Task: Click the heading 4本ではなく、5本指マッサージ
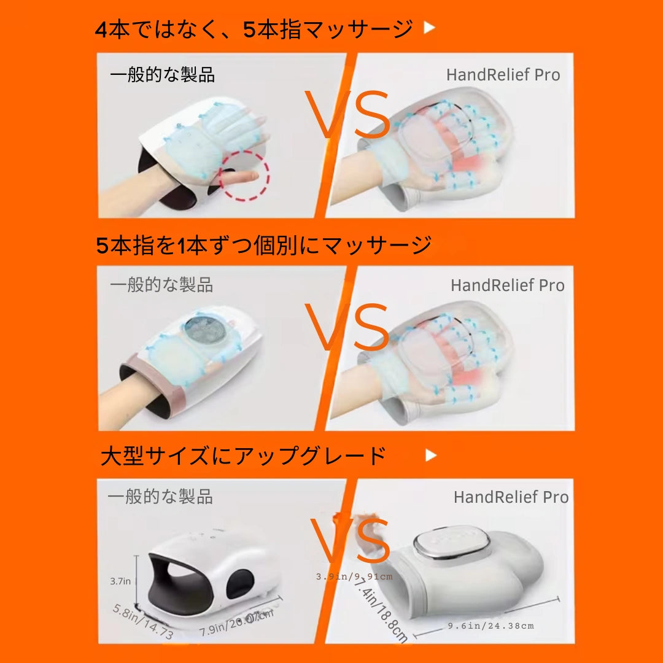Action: (x=254, y=29)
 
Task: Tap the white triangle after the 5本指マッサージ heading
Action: (x=430, y=28)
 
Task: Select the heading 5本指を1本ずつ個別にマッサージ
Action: (x=264, y=246)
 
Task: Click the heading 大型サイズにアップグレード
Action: (x=243, y=456)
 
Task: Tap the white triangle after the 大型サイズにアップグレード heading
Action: (x=431, y=455)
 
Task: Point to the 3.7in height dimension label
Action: (x=120, y=580)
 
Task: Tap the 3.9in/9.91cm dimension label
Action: (x=354, y=576)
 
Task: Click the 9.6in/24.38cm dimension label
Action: (x=491, y=626)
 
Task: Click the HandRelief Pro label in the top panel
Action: (x=503, y=75)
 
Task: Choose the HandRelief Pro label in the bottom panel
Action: (x=511, y=497)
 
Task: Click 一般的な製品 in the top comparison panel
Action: (x=163, y=75)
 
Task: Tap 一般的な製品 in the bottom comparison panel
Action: (x=160, y=497)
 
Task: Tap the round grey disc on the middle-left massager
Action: (x=204, y=331)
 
